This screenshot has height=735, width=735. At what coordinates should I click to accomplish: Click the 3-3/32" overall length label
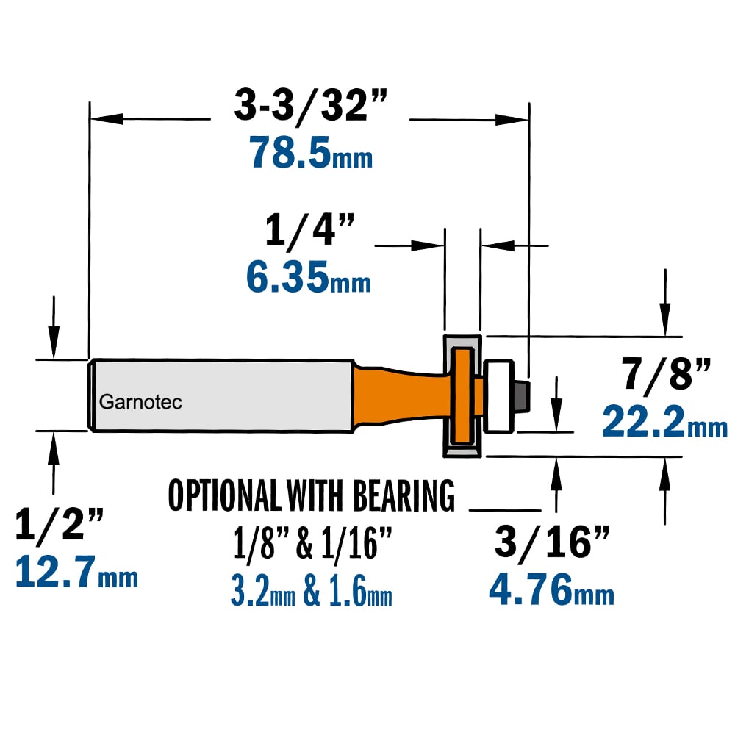point(311,105)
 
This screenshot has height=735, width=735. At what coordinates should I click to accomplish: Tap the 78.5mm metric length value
point(311,152)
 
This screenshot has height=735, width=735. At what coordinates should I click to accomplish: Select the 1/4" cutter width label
point(309,229)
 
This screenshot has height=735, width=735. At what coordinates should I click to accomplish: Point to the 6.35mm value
point(309,277)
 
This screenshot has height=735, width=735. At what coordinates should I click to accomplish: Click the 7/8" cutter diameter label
point(666,373)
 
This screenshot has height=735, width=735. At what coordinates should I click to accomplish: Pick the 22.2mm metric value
point(664,421)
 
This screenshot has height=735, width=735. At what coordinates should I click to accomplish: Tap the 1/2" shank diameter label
point(59,524)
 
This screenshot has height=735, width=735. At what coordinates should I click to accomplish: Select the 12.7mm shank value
point(76,571)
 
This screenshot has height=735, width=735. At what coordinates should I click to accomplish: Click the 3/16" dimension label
point(552,542)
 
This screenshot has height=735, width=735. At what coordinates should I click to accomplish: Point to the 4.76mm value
point(551,589)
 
